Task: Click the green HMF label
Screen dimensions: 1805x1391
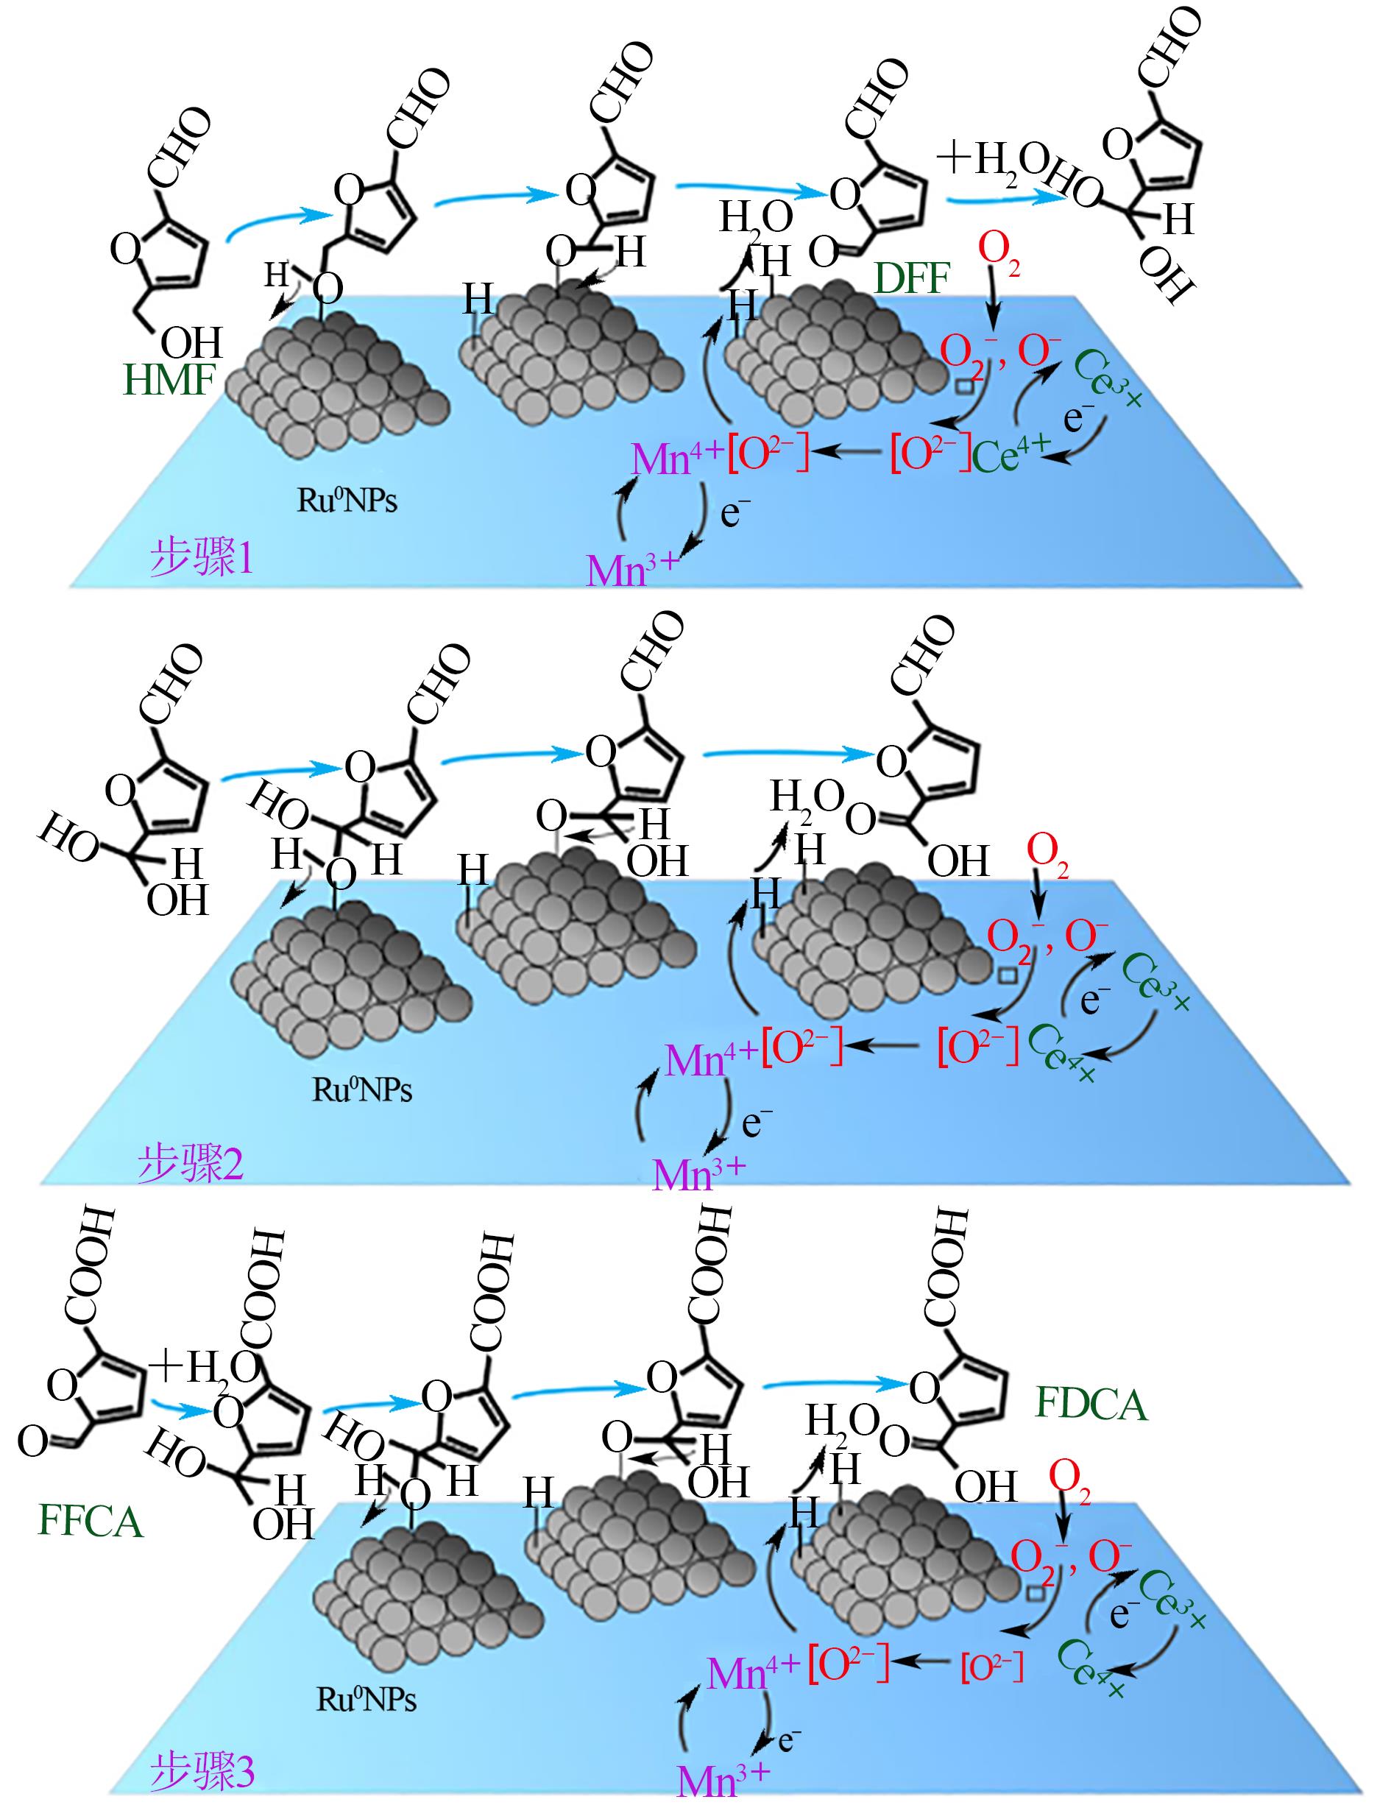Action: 169,381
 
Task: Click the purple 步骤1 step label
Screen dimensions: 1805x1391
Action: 202,559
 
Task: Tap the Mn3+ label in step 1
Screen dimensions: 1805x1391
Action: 633,568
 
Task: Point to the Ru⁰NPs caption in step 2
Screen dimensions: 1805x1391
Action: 361,1090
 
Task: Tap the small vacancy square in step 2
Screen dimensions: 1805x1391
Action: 1007,976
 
